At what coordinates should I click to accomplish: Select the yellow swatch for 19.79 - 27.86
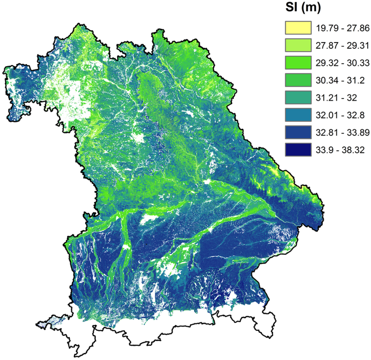click(x=298, y=27)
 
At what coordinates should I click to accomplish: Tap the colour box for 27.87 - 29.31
click(x=298, y=45)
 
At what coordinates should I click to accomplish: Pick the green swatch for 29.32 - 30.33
click(x=298, y=62)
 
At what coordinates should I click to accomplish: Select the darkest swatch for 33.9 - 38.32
click(x=298, y=149)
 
